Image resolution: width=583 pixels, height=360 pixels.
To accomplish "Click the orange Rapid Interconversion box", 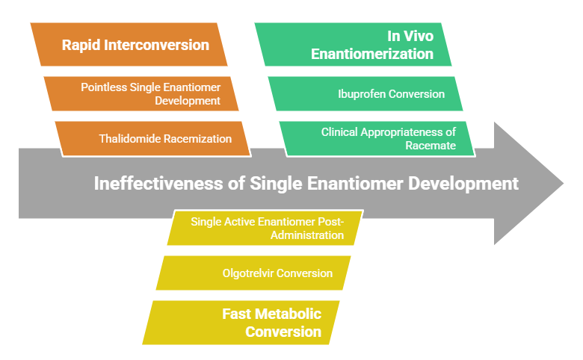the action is click(129, 45).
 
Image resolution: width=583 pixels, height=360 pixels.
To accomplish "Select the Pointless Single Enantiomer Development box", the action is click(141, 93).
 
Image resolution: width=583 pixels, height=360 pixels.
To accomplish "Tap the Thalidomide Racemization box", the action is click(152, 139).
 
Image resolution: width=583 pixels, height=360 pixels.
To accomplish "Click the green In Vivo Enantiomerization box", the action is click(353, 45).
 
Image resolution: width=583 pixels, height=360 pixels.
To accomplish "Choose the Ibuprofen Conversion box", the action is click(365, 93).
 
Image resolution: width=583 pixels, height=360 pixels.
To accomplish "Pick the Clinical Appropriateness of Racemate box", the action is click(377, 139).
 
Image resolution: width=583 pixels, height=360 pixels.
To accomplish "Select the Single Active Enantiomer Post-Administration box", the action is click(265, 228).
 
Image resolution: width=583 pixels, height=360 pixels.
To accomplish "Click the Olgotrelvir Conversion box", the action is click(253, 273).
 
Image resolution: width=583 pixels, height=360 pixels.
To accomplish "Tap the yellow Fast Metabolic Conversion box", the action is click(241, 323).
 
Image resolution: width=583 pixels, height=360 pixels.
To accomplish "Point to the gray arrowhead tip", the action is click(564, 183).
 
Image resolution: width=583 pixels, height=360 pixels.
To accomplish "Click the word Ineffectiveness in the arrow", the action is click(158, 184).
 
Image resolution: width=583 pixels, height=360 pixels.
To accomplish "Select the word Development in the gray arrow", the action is click(463, 184).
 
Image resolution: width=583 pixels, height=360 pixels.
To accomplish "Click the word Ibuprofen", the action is click(362, 94).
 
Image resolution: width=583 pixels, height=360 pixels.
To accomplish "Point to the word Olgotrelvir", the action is click(248, 273).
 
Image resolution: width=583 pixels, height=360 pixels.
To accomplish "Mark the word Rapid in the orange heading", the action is click(81, 46).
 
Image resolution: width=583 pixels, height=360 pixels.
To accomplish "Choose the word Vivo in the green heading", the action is click(419, 36).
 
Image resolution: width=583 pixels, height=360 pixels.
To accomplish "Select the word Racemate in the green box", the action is click(431, 145).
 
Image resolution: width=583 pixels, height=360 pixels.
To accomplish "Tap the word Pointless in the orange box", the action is click(104, 87).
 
